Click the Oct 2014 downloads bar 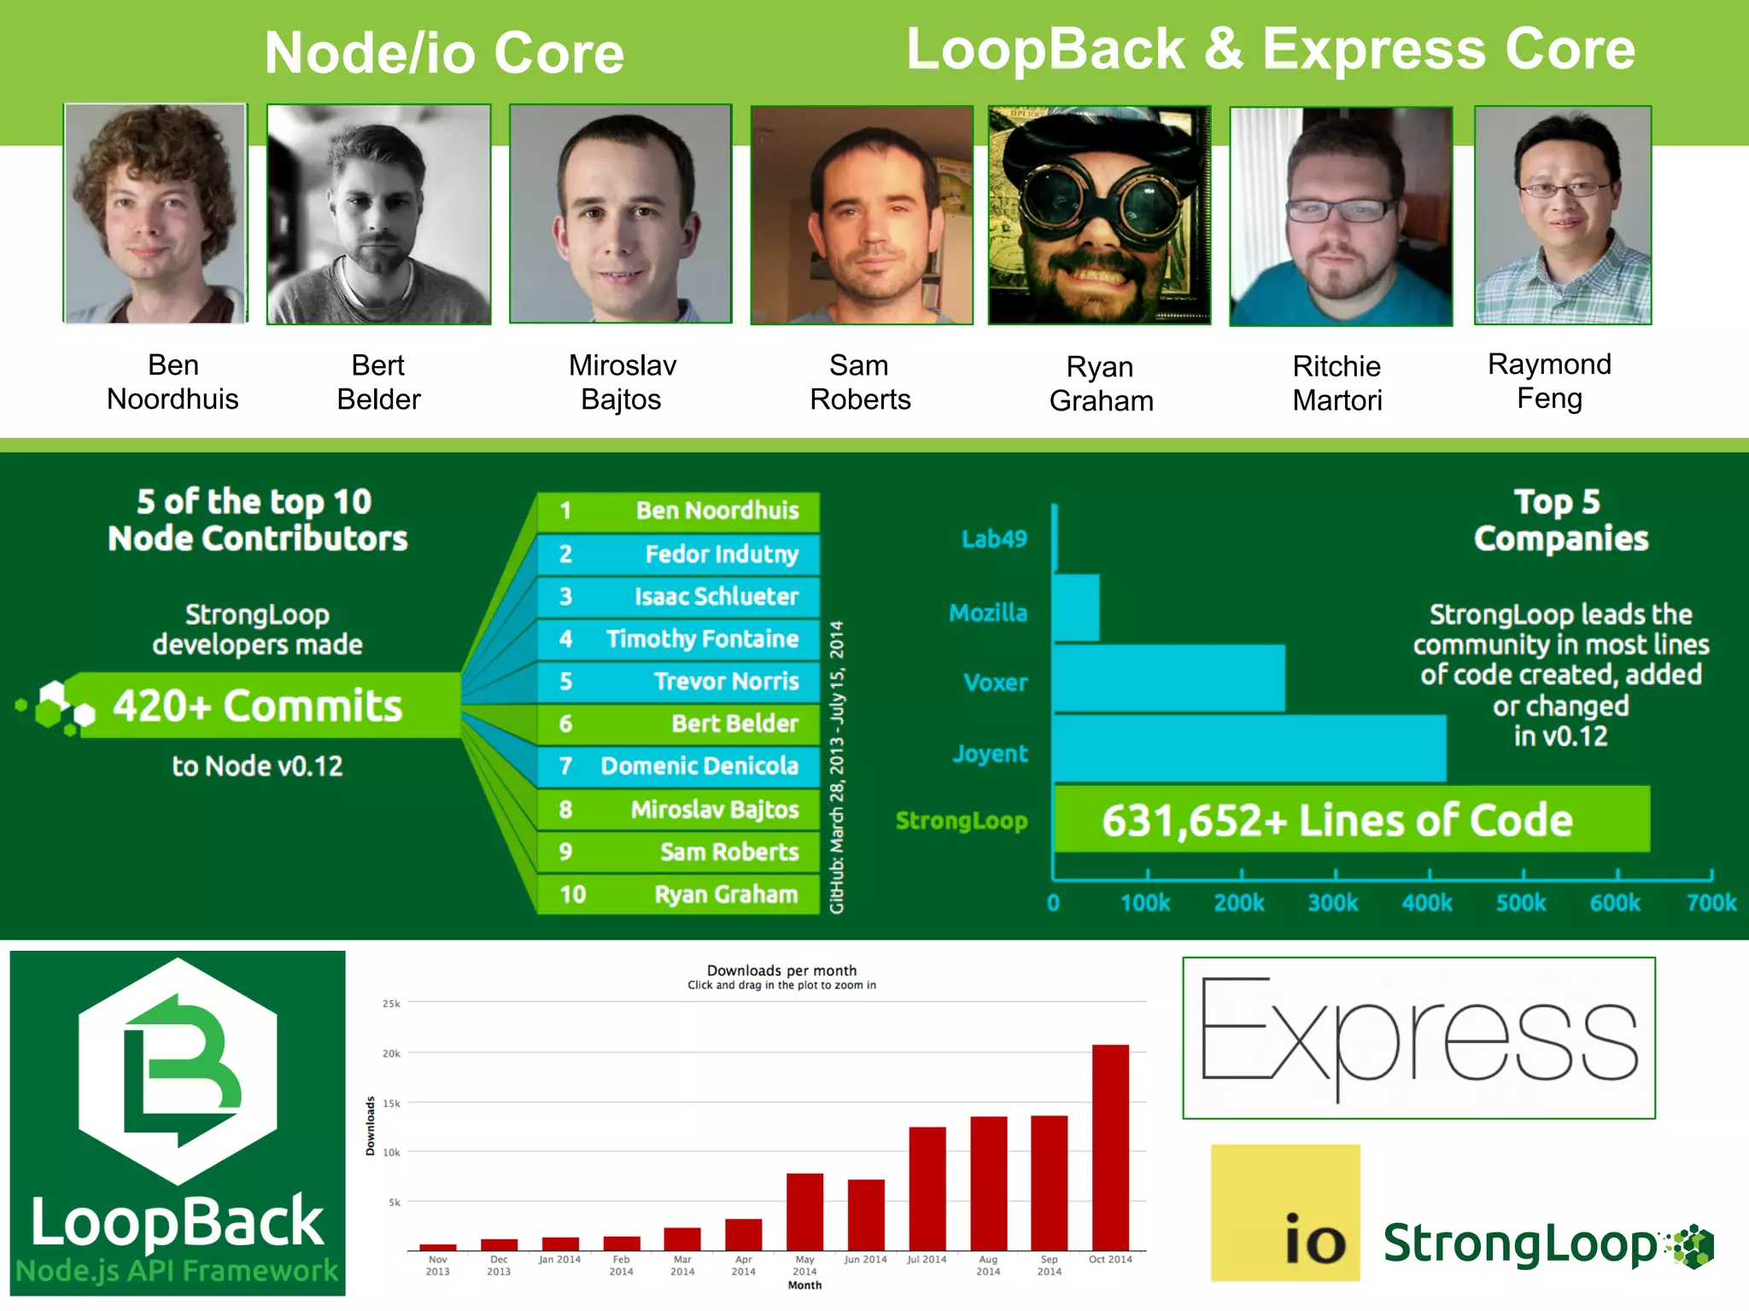[1110, 1147]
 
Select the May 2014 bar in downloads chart [804, 1211]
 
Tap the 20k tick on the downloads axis [391, 1053]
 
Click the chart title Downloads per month [781, 970]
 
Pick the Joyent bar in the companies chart [1249, 749]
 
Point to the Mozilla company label [988, 613]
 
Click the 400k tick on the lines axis [1427, 902]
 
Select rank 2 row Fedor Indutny [679, 554]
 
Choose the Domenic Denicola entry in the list [679, 766]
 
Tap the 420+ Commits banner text [258, 706]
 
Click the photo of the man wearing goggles [1099, 215]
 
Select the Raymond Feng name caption [1549, 381]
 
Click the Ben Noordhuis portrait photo [155, 213]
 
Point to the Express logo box [1419, 1037]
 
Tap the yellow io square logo [1285, 1212]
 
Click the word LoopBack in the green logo [178, 1222]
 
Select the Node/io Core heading [444, 53]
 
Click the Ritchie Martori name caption [1337, 382]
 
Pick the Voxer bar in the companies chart [1168, 679]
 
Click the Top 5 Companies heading [1560, 520]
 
